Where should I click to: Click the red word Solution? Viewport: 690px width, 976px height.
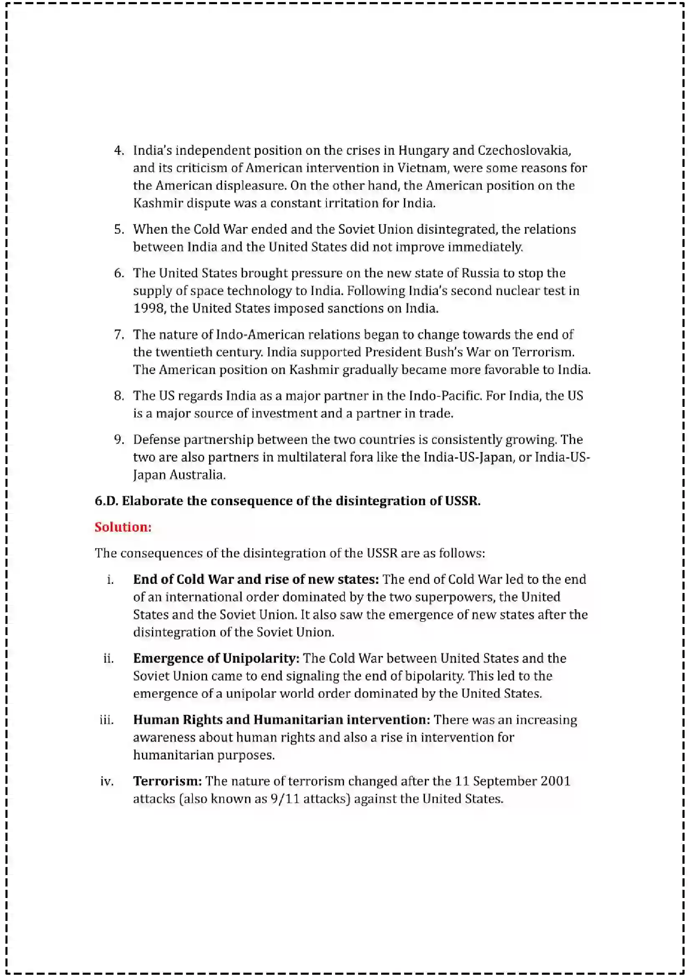tap(123, 527)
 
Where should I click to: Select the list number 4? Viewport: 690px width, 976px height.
tap(119, 150)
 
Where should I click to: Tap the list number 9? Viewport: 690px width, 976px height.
tap(119, 439)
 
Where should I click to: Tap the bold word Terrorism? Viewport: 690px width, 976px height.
tap(167, 781)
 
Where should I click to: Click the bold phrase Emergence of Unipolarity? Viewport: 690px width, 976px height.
tap(216, 658)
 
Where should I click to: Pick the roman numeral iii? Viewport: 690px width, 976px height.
tap(106, 720)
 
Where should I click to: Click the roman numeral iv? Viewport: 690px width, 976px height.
tap(107, 781)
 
